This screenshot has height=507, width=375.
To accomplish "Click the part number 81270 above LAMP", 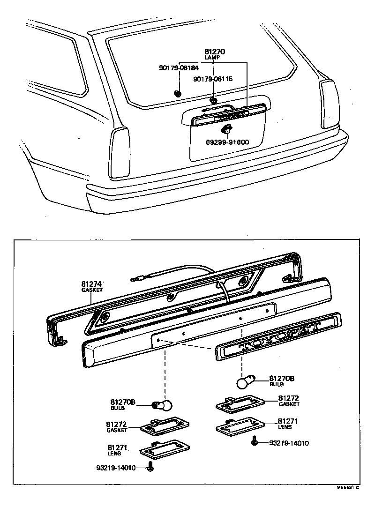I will tap(215, 52).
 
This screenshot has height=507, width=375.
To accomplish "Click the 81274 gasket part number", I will tap(91, 284).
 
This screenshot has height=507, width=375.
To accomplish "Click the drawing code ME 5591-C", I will tap(347, 487).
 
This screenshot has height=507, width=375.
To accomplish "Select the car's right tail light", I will tap(329, 104).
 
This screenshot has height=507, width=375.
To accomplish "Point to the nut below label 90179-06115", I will tap(213, 100).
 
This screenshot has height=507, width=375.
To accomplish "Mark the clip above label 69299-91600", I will tap(226, 129).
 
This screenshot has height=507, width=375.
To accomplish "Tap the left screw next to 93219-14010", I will tap(150, 467).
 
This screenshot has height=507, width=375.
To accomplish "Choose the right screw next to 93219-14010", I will tap(255, 441).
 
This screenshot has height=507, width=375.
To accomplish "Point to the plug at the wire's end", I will tap(136, 277).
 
